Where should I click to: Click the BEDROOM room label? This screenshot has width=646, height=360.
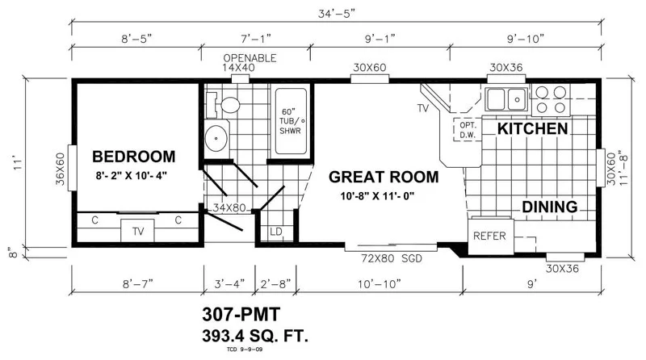134,157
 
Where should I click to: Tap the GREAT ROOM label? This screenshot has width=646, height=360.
384,177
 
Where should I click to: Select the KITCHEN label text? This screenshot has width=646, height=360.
532,129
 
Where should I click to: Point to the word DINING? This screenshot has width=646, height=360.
550,207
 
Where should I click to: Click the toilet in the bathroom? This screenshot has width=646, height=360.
224,105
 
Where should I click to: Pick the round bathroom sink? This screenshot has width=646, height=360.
216,138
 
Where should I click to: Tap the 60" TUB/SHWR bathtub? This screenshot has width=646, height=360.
291,121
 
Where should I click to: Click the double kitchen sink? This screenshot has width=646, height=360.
506,99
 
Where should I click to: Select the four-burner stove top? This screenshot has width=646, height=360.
551,100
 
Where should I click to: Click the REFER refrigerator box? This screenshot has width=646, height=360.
491,237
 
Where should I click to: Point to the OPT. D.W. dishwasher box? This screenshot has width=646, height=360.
468,130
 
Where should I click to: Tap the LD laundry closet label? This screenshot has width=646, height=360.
276,232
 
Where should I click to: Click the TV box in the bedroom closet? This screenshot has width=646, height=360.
137,231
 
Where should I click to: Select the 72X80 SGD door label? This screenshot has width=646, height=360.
392,258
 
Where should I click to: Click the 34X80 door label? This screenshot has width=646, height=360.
229,208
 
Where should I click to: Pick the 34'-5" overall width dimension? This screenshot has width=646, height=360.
337,14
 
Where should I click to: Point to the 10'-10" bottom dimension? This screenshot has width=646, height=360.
379,284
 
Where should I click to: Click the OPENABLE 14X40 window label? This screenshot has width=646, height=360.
250,63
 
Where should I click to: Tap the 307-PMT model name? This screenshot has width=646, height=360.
241,314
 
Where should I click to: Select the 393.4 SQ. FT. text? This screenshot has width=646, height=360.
255,336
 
